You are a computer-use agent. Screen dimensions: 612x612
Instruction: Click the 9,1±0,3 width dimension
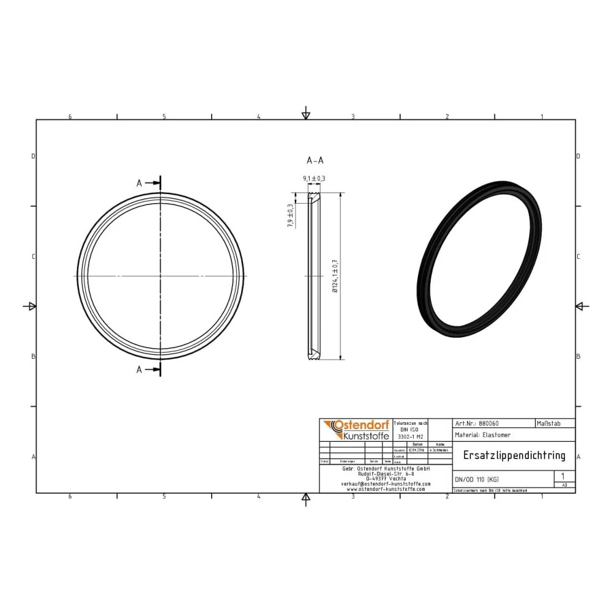(x=313, y=178)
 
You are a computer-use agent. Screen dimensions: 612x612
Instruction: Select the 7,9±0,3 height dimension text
(x=290, y=215)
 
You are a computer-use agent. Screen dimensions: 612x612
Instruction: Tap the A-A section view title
(x=315, y=160)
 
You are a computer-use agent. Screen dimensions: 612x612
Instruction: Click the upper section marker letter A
(x=140, y=183)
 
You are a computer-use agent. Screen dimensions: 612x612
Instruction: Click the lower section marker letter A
(x=140, y=369)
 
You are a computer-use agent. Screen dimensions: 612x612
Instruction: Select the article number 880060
(x=488, y=423)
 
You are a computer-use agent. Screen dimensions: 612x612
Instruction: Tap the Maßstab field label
(x=547, y=423)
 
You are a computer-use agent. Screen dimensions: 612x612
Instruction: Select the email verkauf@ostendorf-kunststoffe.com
(x=386, y=483)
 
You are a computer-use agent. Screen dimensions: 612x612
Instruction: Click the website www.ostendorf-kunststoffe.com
(x=386, y=489)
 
